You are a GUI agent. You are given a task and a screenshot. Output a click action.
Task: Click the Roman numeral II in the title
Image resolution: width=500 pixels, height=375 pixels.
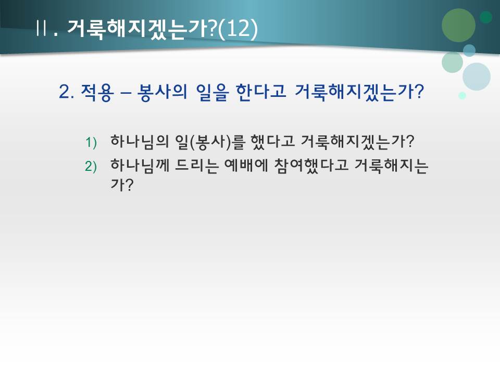point(42,28)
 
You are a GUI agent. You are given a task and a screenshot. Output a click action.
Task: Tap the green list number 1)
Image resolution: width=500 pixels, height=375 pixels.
point(91,142)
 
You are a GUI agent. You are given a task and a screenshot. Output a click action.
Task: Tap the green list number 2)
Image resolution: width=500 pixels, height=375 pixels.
point(91,166)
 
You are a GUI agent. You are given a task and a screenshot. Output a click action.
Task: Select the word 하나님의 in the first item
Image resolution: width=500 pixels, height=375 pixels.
point(133,141)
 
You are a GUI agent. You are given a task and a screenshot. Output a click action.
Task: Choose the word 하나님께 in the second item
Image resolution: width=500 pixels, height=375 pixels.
point(133,165)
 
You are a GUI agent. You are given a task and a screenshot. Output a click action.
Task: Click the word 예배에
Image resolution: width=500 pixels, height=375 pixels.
point(243,165)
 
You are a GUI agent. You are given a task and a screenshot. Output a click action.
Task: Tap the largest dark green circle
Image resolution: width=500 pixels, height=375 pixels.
point(458,25)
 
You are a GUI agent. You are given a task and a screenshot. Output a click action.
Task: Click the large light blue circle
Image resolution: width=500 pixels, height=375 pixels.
point(476,77)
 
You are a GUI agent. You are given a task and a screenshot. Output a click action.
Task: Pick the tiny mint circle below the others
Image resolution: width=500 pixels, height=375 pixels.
point(462,95)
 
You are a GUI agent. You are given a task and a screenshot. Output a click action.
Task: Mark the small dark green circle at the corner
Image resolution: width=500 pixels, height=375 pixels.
point(486,17)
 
